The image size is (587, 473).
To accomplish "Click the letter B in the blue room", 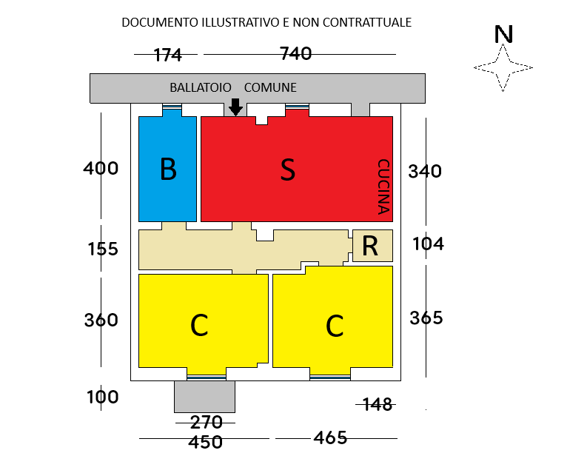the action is coord(168,170).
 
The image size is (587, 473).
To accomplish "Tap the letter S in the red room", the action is coord(288,170).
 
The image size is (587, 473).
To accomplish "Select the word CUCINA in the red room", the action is coord(383,187).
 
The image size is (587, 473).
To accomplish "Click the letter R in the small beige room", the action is coord(370,246).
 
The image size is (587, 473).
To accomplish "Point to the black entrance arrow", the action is coord(236,107).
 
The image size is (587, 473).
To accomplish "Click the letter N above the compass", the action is coord(503,35).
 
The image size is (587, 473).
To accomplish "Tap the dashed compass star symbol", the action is coord(503,68).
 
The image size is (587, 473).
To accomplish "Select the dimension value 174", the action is coord(168,55).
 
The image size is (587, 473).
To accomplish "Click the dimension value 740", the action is coord(296,53).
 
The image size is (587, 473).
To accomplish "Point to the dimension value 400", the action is coord(101,168).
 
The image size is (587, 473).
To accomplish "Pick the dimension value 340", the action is coord(425,171).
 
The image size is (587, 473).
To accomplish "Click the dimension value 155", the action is coord(103,249).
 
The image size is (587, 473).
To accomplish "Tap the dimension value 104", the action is coord(429,244).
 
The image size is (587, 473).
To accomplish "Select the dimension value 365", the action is coord(426,318).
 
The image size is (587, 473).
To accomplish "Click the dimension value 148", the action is coord(378,404).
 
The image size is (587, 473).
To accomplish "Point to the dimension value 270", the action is coord(207,423).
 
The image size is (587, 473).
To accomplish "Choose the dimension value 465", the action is coord(330,437).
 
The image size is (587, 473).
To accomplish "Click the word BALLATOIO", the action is coord(201,87).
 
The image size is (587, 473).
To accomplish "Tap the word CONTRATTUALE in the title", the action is coord(367,22).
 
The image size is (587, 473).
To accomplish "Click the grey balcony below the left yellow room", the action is coord(205,397).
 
